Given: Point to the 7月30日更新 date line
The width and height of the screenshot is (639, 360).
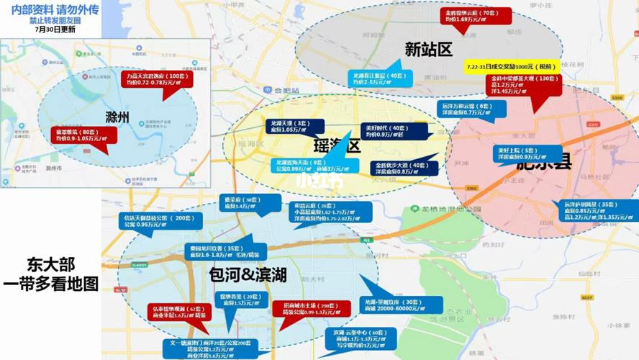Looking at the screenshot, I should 50,30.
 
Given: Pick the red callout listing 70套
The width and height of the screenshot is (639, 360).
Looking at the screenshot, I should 477,17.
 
